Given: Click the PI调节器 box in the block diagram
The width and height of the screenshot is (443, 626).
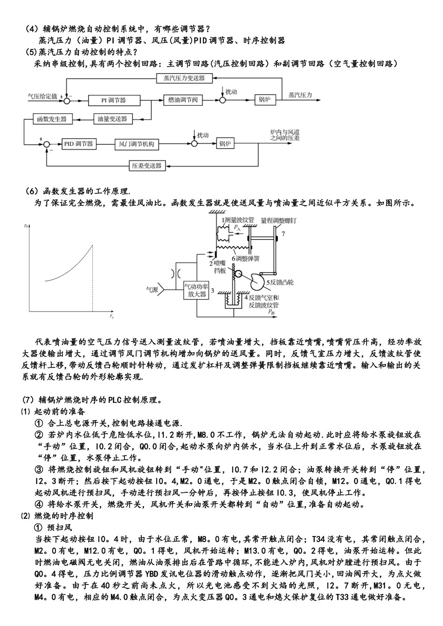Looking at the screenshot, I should tap(114, 100).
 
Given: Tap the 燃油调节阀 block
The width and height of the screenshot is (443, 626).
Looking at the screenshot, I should tap(183, 100).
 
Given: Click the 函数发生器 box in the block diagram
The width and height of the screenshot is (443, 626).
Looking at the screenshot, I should tap(52, 119).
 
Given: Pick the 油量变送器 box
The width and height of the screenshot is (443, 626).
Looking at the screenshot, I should tap(112, 119).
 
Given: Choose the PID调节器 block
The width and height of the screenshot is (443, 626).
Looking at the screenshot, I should tap(78, 144).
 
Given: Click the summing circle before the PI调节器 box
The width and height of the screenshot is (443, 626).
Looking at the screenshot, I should tap(67, 100).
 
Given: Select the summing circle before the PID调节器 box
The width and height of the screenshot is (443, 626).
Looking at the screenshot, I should tap(46, 144).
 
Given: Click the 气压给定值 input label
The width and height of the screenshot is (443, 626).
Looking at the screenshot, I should tap(42, 95).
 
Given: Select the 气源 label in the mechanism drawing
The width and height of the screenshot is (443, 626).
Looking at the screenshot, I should tap(152, 289).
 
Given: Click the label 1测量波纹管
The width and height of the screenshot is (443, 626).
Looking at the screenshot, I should tap(237, 219).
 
